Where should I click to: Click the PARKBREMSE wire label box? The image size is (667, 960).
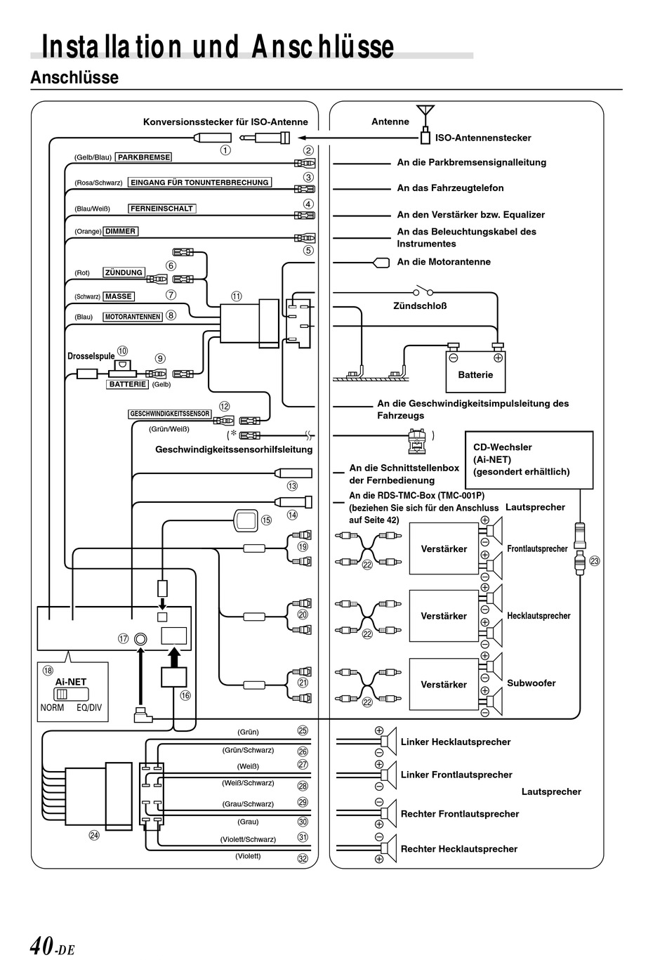tap(143, 157)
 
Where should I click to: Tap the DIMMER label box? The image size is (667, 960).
tap(120, 232)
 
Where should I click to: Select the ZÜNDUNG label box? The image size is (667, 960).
tap(124, 272)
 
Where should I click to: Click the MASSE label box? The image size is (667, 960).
tap(119, 296)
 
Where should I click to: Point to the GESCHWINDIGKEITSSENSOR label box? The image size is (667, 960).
tap(170, 414)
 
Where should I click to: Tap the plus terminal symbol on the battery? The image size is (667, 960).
tap(498, 357)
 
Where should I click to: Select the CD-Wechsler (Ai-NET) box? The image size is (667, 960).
tap(529, 460)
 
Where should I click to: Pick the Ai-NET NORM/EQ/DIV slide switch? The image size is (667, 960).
tap(71, 694)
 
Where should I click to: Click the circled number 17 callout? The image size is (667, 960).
tap(124, 639)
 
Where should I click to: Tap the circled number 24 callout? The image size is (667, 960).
tap(94, 835)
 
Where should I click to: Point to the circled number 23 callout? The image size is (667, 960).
tap(595, 561)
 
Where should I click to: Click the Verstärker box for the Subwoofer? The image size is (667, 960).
tap(444, 685)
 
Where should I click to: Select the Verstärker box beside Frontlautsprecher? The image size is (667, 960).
tap(444, 548)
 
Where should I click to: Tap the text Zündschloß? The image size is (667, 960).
tap(420, 305)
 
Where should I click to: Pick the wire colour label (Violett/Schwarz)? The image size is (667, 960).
tap(248, 839)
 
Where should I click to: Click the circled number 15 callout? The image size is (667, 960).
tap(267, 520)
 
